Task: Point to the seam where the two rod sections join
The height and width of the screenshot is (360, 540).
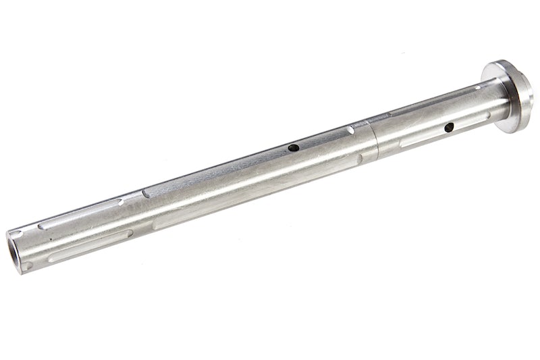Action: tap(373, 138)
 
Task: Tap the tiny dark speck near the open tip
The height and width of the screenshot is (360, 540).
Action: tap(48, 238)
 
